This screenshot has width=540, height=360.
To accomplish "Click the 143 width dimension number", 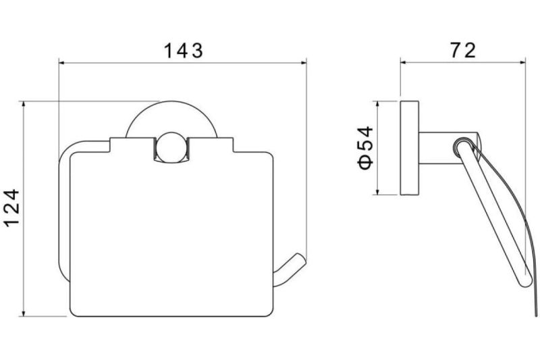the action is [183, 51].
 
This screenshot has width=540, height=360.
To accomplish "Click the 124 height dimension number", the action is [12, 208].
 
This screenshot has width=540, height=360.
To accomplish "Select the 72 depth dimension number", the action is [463, 50].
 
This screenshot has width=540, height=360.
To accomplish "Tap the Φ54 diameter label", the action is [365, 148].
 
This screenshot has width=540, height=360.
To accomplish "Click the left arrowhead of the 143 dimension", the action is [62, 63].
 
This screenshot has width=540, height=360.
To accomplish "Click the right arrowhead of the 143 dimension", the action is [303, 63].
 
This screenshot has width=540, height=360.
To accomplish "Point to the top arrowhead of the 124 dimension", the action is [23, 105].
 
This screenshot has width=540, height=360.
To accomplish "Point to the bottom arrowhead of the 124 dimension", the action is [23, 313].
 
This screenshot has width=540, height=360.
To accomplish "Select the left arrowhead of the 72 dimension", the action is [404, 62].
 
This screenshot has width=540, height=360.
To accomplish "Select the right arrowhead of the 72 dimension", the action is [522, 62].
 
